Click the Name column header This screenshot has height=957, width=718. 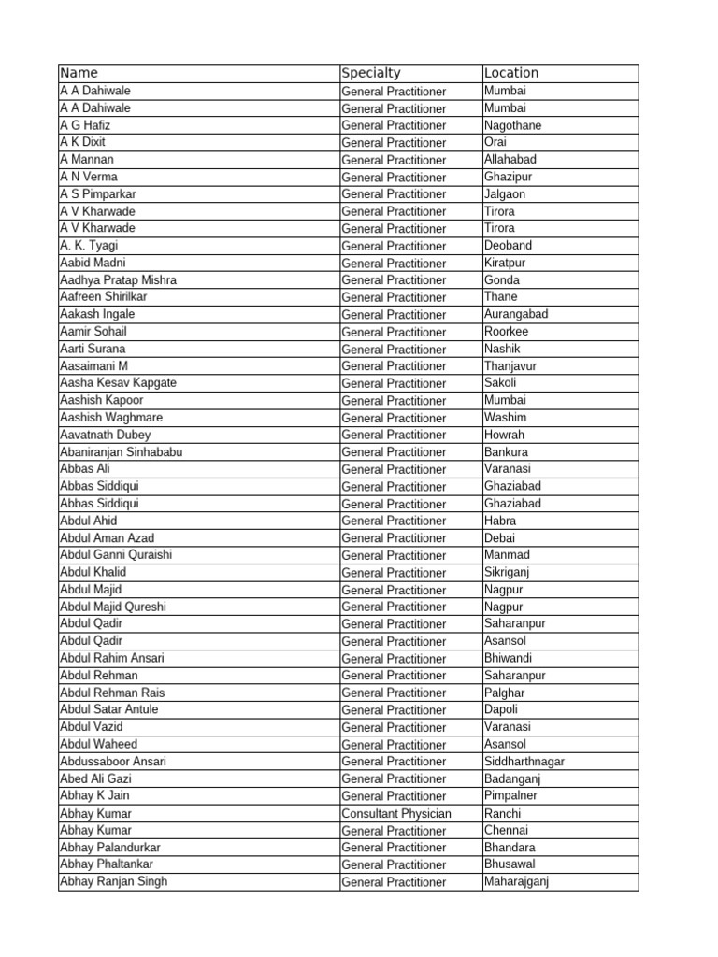point(79,73)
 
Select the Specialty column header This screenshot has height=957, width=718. point(371,73)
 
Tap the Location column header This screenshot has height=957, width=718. point(511,73)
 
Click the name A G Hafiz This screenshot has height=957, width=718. point(85,125)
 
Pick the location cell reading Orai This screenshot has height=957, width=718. point(496,142)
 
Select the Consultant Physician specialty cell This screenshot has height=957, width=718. point(396,814)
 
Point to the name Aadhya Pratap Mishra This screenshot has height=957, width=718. point(118,280)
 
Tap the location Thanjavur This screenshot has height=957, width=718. point(510,366)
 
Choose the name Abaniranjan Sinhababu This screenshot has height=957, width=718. point(121,452)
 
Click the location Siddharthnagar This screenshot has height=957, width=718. point(524,762)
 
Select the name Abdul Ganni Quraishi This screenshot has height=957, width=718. point(116,555)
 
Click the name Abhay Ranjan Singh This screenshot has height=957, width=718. point(114,881)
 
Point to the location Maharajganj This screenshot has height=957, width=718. point(517,881)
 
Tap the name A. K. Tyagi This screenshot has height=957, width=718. point(89,246)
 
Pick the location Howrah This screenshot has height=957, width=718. point(505,435)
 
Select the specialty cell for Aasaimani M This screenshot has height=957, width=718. point(394,366)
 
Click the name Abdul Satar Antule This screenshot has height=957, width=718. point(109,709)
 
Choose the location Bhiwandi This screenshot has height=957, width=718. point(509,658)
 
